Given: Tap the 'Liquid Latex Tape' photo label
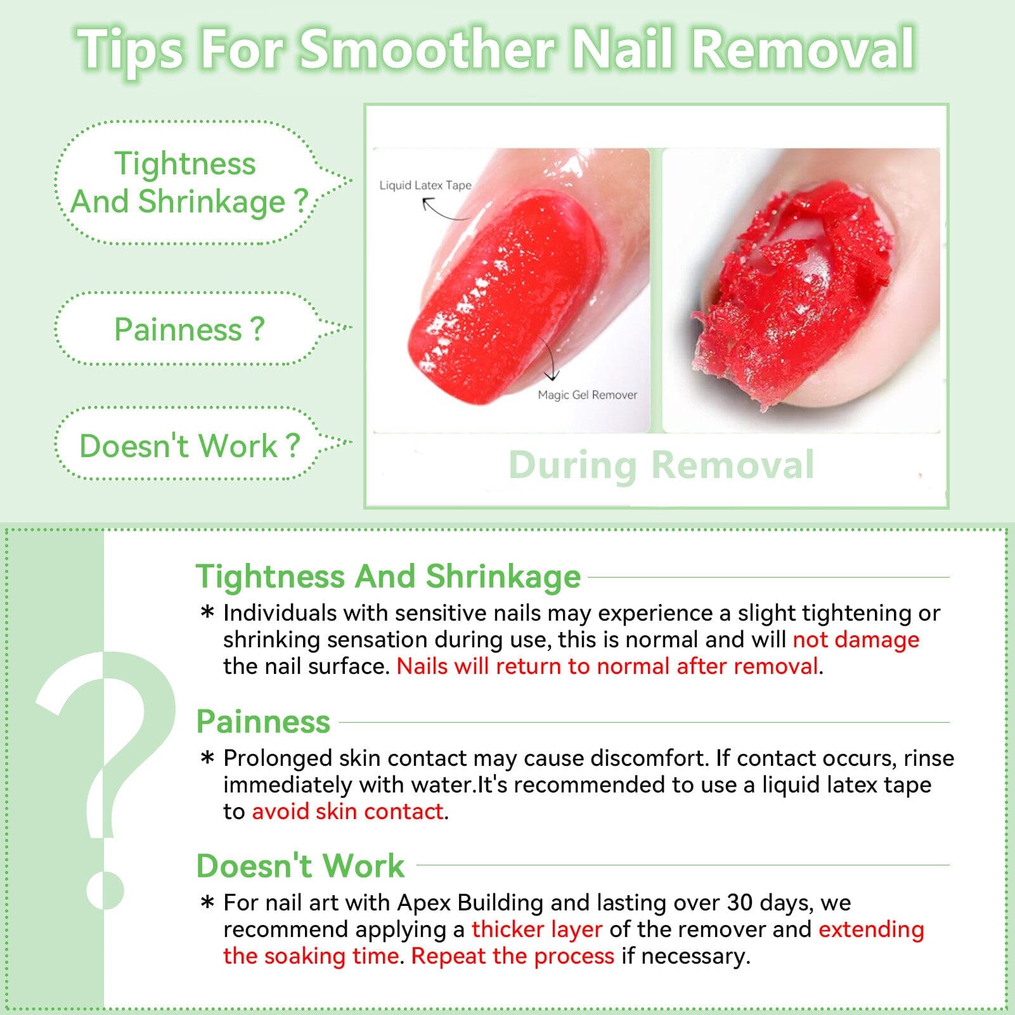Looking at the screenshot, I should tap(425, 185).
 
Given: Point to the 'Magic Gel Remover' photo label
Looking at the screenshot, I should tap(587, 395).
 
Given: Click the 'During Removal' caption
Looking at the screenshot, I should tap(661, 465).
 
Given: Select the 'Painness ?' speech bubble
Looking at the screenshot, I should tap(188, 329).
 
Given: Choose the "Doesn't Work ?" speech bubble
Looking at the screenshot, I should tap(188, 446).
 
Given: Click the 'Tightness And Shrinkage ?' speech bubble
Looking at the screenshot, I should tap(188, 183).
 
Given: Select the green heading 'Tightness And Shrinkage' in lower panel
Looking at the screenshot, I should tap(388, 576).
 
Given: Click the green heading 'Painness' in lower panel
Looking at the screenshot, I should tap(263, 721).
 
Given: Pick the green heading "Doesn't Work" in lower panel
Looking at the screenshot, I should tap(300, 865).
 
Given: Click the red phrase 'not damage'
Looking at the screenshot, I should tap(856, 640).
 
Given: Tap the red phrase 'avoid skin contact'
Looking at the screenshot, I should tap(347, 811).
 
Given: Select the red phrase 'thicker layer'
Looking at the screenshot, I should tap(536, 929).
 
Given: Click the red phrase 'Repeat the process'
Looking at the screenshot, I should tap(513, 956).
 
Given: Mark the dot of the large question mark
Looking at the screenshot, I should tap(105, 889).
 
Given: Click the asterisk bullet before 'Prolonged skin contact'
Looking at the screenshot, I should tap(207, 758).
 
